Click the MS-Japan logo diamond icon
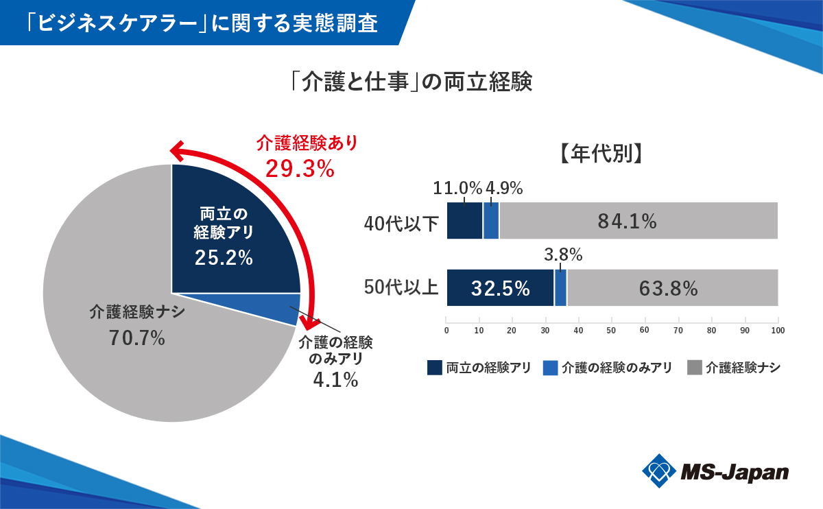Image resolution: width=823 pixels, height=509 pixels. point(659,471)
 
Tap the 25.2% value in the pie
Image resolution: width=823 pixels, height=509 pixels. point(224,258)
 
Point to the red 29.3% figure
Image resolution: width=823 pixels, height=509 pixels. point(300,168)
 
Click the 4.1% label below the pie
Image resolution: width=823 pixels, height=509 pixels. point(335,379)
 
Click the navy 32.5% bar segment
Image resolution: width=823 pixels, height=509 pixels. point(500,288)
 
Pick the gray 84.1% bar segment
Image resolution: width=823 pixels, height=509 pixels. point(638,221)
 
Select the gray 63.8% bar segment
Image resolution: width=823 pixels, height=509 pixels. point(672,288)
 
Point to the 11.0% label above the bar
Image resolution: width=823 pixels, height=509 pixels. point(458,187)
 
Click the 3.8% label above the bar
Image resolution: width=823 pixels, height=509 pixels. point(563,255)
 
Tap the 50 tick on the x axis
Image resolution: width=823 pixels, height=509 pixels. point(611,331)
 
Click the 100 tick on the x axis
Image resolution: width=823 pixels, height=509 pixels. point(778,331)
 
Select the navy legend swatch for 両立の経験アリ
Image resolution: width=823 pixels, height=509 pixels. point(434,368)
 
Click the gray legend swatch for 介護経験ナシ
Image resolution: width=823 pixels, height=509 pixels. point(694,368)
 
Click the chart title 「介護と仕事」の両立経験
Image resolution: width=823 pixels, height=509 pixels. point(411,82)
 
